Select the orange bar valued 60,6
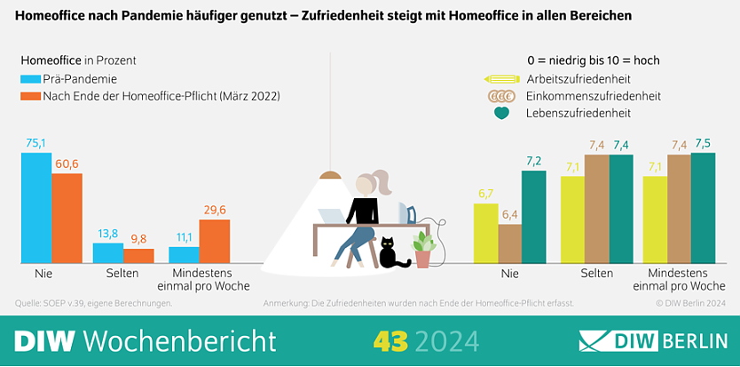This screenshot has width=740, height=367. coord(67,218)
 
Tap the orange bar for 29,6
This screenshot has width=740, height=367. coord(215,241)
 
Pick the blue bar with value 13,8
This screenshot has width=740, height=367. coord(108,252)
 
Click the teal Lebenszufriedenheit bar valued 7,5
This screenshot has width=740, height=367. coord(703,208)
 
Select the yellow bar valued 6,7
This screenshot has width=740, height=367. coord(485,233)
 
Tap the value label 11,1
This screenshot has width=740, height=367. coord(183,236)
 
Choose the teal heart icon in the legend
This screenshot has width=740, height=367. coord(502,113)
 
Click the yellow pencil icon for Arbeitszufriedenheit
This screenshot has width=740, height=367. coord(501,79)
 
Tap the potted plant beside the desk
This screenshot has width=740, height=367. coord(423,248)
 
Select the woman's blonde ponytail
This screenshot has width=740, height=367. coord(384,181)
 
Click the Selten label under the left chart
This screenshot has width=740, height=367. coord(122,274)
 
